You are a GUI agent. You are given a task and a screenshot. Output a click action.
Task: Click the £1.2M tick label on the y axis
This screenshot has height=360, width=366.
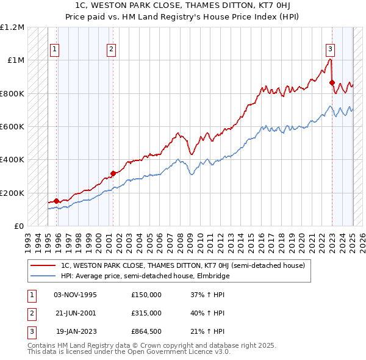coord(12,27)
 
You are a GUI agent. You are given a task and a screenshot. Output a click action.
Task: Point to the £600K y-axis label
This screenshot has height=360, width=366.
coord(12,127)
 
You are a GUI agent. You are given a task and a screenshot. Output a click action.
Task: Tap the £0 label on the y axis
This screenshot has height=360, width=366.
coord(19,226)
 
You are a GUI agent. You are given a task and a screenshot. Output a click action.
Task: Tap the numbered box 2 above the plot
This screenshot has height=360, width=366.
coord(112,50)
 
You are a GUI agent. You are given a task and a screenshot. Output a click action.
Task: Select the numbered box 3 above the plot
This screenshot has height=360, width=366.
coord(330,50)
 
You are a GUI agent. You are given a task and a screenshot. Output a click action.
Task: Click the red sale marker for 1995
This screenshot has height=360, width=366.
coord(56,201)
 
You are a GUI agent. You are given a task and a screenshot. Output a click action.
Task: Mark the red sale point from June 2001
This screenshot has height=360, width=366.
coord(113,174)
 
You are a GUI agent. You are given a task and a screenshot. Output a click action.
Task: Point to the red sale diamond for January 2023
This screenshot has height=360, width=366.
coord(332,82)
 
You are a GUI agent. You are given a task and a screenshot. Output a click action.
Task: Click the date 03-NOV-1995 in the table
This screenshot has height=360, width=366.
coord(75,295)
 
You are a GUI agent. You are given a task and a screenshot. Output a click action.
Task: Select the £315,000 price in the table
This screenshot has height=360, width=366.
coord(146,313)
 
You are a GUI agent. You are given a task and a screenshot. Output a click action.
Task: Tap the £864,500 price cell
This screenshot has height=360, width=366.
coord(146,331)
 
